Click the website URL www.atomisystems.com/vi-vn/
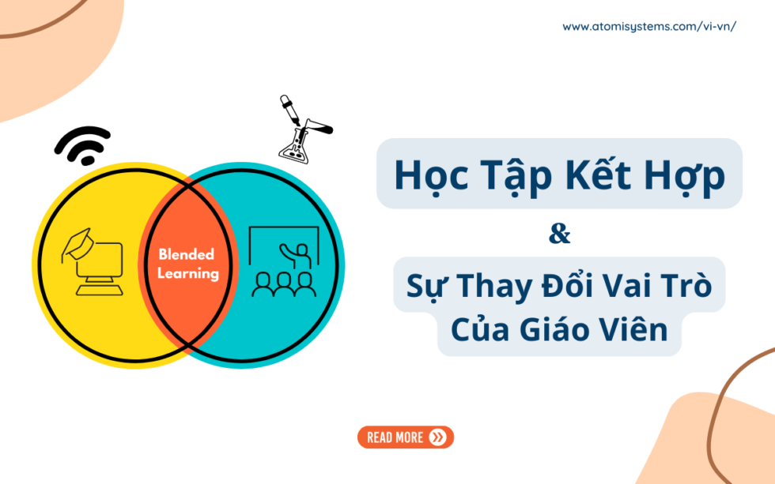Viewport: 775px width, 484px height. point(649,26)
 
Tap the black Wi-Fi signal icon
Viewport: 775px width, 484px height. point(82,145)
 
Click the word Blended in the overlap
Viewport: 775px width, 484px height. point(187,254)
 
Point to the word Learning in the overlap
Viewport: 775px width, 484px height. point(187,273)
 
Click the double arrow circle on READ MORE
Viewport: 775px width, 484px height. point(437,437)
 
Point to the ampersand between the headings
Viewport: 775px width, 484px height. point(559,234)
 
